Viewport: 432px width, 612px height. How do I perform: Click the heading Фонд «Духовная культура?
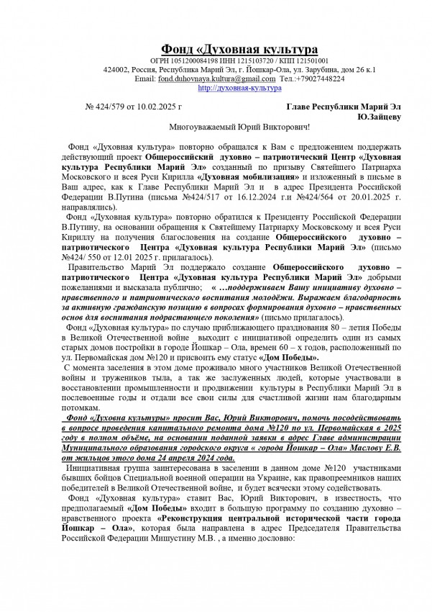tap(239, 48)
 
